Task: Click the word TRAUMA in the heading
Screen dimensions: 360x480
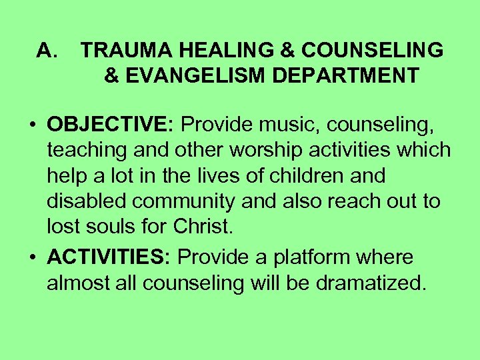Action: coord(119,51)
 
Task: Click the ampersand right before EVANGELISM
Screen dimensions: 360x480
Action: coord(112,75)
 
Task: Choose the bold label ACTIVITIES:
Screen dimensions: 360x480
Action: coord(109,257)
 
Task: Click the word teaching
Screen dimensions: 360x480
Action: coord(89,151)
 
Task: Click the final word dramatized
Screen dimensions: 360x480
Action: coord(370,283)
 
